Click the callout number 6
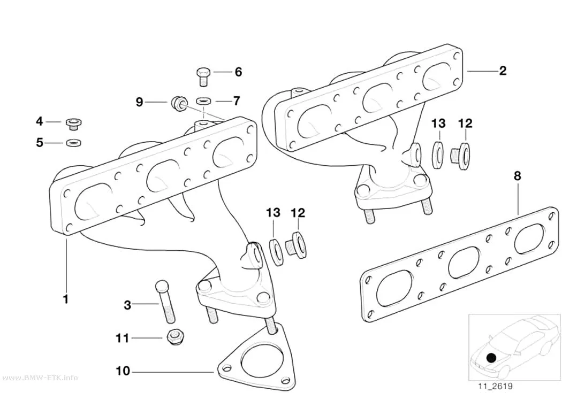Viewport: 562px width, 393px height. click(x=238, y=72)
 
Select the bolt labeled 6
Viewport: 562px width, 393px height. click(x=203, y=77)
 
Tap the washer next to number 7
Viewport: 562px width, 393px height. click(x=204, y=101)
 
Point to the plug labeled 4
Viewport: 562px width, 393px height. click(x=74, y=124)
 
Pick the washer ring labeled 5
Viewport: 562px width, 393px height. click(x=73, y=143)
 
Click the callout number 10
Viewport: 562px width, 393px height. click(x=123, y=371)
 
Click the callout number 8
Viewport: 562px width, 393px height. click(x=517, y=176)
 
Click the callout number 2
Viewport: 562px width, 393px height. click(x=503, y=71)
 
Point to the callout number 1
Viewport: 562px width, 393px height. click(x=66, y=299)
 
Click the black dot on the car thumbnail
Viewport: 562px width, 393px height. click(x=492, y=358)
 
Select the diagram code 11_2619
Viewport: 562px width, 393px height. click(x=495, y=386)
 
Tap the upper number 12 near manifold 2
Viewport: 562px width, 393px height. click(x=465, y=124)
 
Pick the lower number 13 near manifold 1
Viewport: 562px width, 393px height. click(x=273, y=213)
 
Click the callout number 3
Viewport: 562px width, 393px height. click(x=127, y=305)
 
